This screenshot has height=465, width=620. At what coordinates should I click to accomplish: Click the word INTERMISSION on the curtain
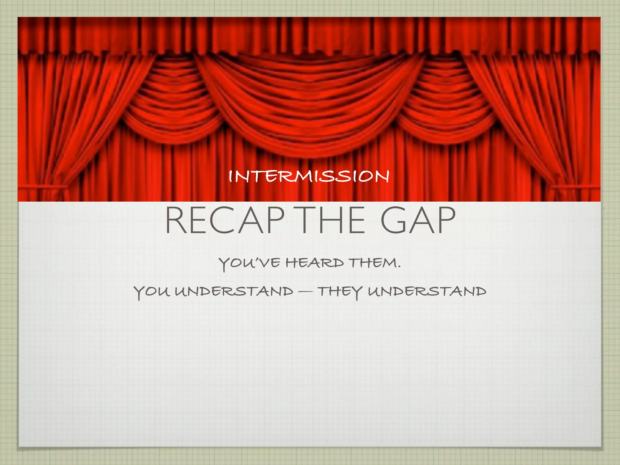coord(309,176)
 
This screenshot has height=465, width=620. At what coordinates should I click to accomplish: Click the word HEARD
coord(315,263)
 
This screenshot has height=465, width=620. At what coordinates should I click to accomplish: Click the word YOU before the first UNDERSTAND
coord(151,292)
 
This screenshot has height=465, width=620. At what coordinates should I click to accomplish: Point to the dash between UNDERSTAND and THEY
coord(305,292)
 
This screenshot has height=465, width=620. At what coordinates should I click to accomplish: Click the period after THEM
coord(399,267)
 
